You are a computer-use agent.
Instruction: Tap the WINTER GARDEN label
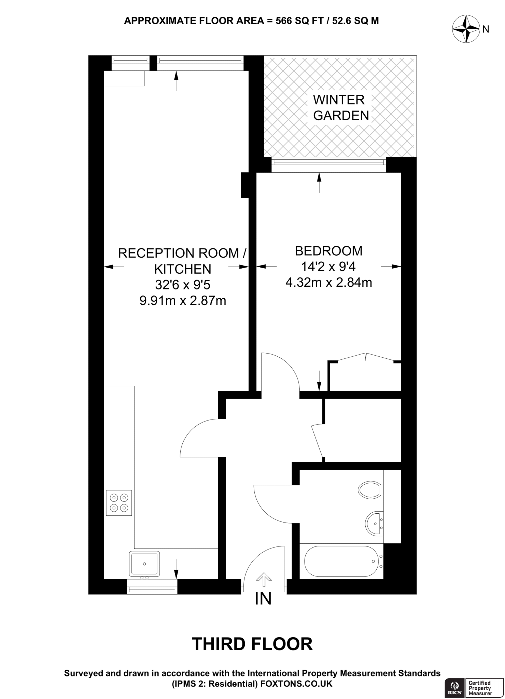coord(341,108)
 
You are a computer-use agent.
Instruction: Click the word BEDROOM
coord(328,251)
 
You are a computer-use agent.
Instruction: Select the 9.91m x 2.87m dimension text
coord(183,301)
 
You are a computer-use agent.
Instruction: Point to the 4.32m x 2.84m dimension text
coord(328,283)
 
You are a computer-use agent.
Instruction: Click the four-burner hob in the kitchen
coord(119,503)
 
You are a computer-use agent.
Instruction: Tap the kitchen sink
coord(144,563)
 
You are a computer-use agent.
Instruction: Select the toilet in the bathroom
coord(370,489)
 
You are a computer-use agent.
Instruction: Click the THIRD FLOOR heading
coord(252,644)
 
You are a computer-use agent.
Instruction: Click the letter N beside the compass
coord(486,29)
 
